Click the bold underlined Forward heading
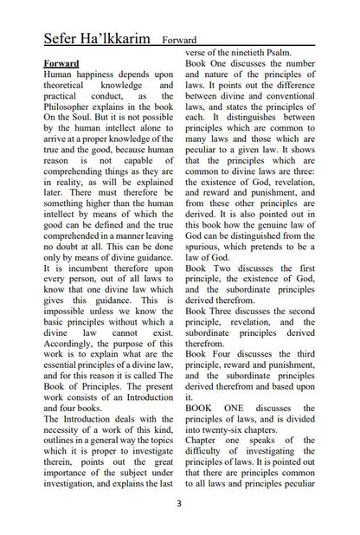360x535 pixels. (x=61, y=64)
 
